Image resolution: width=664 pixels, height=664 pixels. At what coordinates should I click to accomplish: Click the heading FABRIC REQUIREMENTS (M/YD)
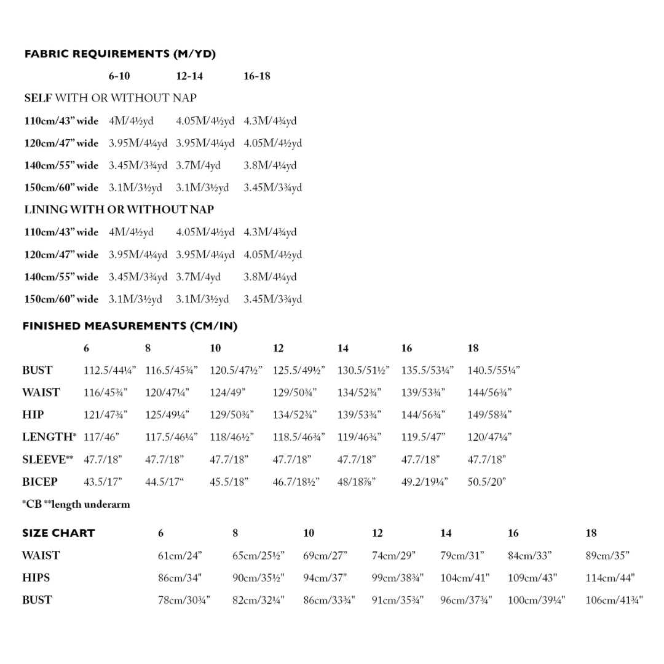(x=120, y=54)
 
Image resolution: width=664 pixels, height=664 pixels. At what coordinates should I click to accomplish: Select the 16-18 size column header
(x=256, y=76)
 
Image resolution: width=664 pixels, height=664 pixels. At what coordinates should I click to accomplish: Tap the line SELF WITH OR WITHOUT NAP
(x=111, y=98)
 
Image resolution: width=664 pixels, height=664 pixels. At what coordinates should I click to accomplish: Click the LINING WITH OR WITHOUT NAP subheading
(x=119, y=210)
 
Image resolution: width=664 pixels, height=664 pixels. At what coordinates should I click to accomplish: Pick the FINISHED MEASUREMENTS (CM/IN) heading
(x=130, y=326)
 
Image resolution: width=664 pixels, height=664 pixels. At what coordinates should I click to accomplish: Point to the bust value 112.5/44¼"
(x=109, y=370)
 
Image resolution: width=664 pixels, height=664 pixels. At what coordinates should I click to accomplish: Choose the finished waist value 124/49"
(x=227, y=392)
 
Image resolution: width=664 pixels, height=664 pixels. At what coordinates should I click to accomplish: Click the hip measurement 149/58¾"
(x=489, y=414)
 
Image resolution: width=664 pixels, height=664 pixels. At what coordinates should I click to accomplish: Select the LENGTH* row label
(x=49, y=437)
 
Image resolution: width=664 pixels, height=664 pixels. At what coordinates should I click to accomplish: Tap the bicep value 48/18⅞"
(x=356, y=481)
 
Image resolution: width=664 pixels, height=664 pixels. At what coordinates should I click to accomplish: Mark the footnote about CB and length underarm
(x=76, y=504)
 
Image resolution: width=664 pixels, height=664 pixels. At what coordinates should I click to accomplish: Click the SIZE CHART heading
(x=58, y=533)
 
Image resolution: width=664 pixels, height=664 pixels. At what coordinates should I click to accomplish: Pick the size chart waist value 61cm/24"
(x=180, y=555)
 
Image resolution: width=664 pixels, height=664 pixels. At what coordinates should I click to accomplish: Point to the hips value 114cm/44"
(x=610, y=578)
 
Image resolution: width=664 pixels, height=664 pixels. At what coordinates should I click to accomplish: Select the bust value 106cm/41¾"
(x=614, y=600)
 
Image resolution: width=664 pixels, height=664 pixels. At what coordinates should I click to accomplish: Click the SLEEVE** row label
(x=47, y=459)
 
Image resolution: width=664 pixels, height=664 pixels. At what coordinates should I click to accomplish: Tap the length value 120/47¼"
(x=489, y=437)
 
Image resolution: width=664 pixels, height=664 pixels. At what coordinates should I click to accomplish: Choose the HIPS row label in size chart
(x=36, y=578)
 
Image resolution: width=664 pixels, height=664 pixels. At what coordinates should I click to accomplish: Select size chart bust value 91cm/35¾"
(x=397, y=600)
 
